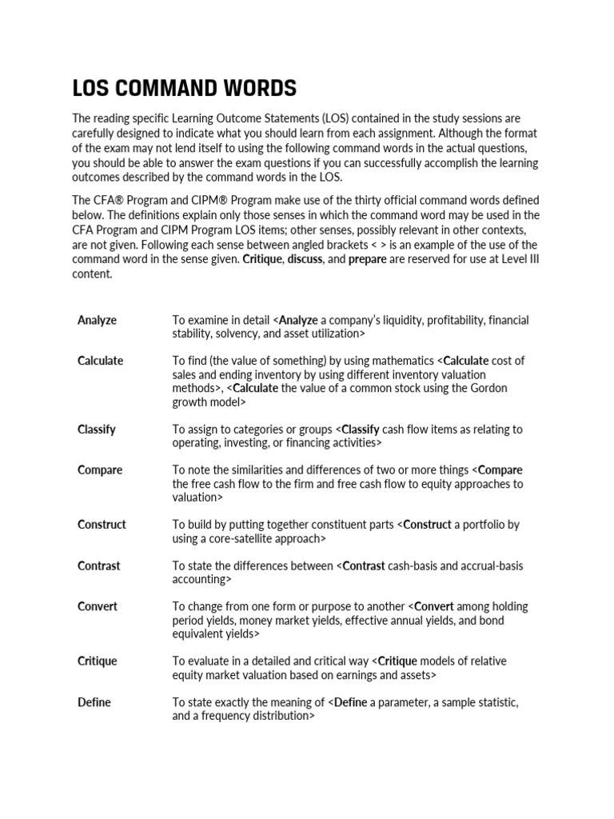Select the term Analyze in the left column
97,320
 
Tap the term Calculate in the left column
100,361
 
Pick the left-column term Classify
96,429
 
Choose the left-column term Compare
100,470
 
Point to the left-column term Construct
102,525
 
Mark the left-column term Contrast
98,565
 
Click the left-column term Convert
98,606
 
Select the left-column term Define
94,702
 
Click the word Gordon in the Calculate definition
488,388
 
